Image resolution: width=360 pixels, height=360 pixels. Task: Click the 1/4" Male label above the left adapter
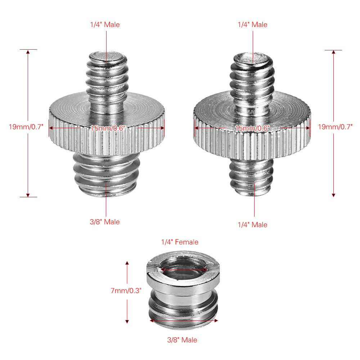[105, 25]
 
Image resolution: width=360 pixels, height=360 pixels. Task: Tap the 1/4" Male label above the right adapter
[252, 25]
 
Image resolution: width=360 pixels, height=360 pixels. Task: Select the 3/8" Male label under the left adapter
[105, 222]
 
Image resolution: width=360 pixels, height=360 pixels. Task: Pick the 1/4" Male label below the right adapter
[252, 225]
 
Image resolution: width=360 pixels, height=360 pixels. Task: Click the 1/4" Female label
[179, 242]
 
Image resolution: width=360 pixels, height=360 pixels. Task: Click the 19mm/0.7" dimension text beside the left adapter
[26, 126]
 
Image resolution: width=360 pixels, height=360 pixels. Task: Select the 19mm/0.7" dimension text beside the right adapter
[335, 126]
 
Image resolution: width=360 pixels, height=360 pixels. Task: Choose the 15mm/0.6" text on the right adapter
[252, 128]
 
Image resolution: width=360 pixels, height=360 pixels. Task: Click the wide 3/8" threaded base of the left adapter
[107, 171]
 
